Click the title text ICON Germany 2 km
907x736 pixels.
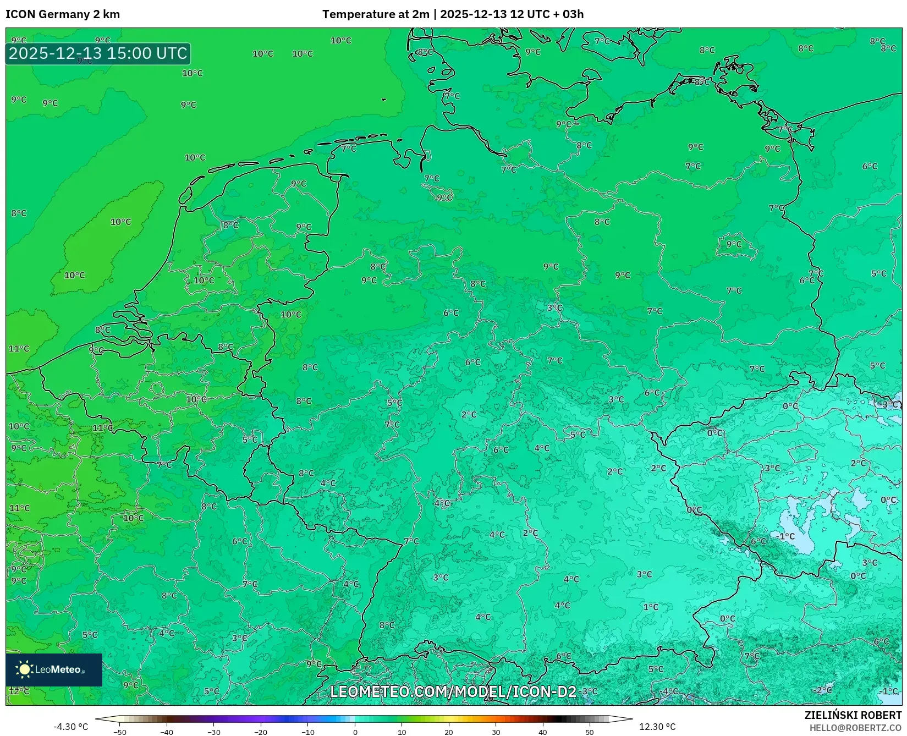point(63,14)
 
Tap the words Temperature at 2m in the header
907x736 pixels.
point(375,14)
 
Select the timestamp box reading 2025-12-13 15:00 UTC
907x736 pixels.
point(98,53)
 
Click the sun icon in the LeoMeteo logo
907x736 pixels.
point(24,669)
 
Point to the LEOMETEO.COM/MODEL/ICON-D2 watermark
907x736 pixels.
point(453,691)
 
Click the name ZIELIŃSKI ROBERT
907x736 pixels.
point(853,715)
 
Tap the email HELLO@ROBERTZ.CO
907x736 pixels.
point(855,728)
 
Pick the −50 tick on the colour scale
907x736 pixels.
point(119,732)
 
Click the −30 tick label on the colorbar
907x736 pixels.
point(213,732)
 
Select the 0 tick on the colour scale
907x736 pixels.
point(355,732)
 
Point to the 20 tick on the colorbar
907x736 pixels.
point(449,732)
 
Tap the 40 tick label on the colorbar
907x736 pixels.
point(543,732)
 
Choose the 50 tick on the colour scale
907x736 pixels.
point(590,732)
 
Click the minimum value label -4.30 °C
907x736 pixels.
point(70,727)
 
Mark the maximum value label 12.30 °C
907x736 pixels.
point(657,727)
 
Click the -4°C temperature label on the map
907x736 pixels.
point(669,691)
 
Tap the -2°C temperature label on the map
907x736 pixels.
point(823,690)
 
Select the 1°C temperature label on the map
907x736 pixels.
point(651,607)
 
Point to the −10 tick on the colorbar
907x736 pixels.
point(308,732)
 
